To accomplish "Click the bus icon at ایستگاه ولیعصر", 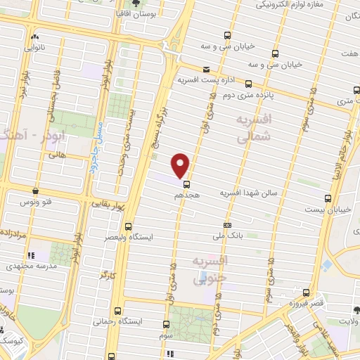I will tap(128, 226).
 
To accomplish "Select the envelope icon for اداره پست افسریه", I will tap(206, 70).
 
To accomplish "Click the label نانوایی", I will tap(34, 49).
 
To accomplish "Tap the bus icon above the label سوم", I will tap(166, 324).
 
